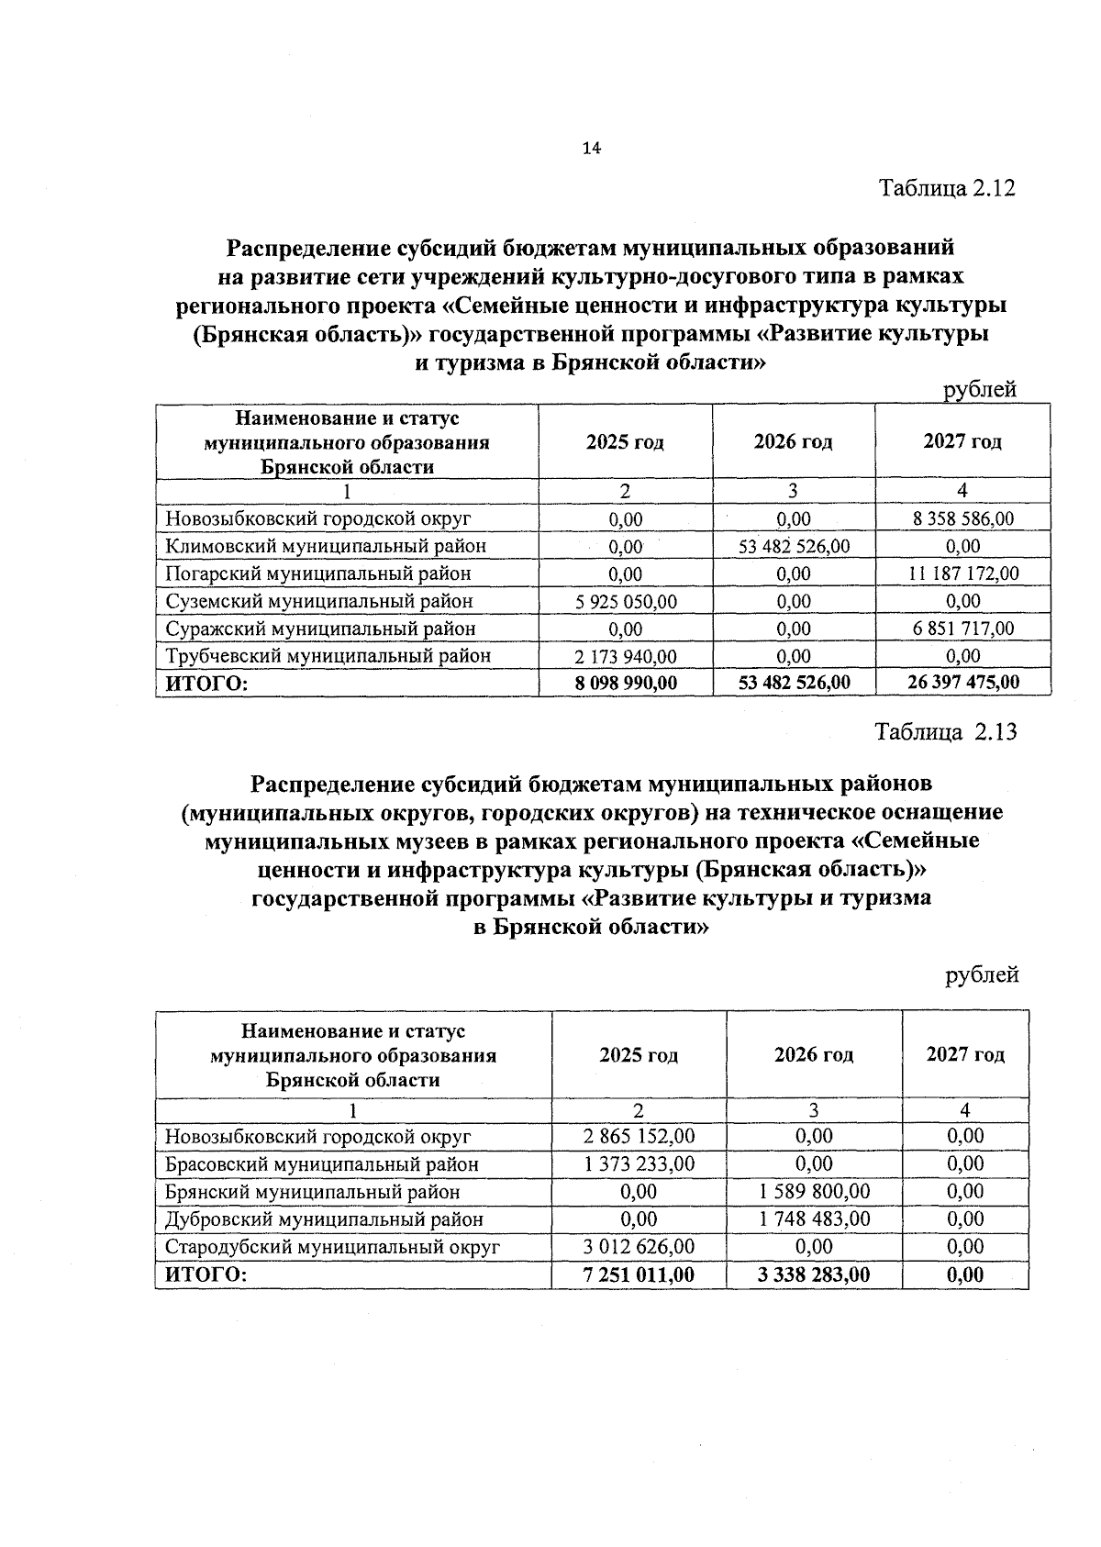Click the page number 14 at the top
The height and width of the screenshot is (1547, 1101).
[591, 149]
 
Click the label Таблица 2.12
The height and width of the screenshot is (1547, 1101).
[948, 188]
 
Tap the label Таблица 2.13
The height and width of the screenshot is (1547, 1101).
[946, 732]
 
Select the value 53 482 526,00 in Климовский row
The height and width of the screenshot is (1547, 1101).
[794, 546]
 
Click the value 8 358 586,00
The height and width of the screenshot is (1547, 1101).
[962, 518]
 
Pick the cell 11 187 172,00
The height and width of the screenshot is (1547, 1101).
[962, 573]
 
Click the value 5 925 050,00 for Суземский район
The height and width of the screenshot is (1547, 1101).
[625, 601]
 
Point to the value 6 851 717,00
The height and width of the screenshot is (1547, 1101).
[962, 629]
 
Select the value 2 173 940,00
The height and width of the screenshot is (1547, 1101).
[625, 656]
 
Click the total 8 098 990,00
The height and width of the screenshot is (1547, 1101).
[625, 683]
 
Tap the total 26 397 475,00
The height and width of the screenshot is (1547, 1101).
[962, 683]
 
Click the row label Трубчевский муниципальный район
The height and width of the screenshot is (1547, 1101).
[328, 656]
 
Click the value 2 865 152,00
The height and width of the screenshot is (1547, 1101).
[639, 1136]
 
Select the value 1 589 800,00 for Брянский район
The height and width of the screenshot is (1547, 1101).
[814, 1191]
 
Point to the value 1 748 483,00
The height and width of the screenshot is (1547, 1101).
[814, 1219]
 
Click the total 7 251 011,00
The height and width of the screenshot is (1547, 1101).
[639, 1274]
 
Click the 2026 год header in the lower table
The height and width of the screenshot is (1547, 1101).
[814, 1054]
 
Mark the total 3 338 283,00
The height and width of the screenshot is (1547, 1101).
[814, 1274]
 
